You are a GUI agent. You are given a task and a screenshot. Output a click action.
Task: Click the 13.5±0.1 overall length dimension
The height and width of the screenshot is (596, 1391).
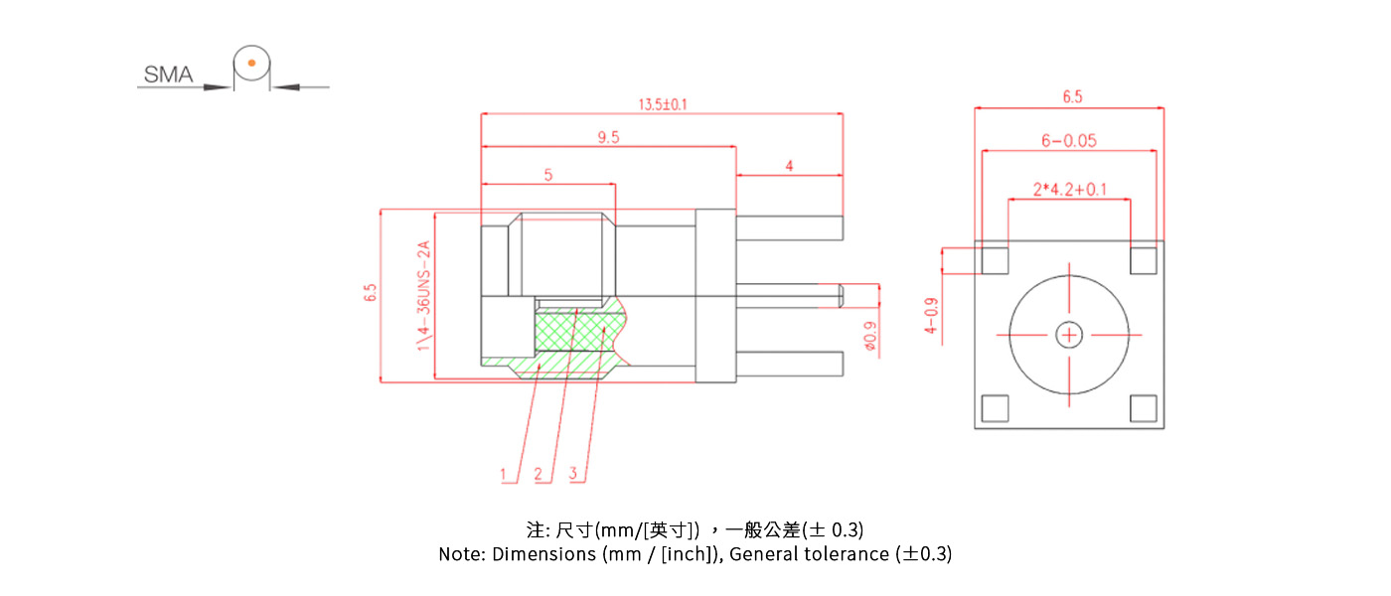pyautogui.click(x=662, y=104)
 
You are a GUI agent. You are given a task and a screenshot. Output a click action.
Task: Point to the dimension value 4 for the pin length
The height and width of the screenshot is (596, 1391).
pyautogui.click(x=789, y=167)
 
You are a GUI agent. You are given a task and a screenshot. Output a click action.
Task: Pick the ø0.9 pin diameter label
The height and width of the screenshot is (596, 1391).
pyautogui.click(x=870, y=337)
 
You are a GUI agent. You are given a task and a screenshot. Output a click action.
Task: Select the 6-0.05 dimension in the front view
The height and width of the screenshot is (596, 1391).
pyautogui.click(x=1068, y=141)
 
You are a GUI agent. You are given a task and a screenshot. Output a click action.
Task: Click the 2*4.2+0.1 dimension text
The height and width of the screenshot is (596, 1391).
pyautogui.click(x=1068, y=189)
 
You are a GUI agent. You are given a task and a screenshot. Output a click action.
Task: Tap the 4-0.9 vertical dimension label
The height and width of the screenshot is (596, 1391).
pyautogui.click(x=931, y=316)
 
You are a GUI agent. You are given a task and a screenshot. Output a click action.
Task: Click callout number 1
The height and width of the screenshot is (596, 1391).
pyautogui.click(x=504, y=474)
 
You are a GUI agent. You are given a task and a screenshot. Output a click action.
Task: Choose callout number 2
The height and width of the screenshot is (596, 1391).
pyautogui.click(x=539, y=474)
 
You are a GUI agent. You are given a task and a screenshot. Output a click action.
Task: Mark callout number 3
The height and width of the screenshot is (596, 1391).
pyautogui.click(x=573, y=474)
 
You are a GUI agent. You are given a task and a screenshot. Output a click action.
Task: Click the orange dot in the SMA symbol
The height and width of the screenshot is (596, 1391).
pyautogui.click(x=251, y=64)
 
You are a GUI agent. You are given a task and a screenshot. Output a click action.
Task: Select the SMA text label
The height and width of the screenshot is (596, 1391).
pyautogui.click(x=169, y=74)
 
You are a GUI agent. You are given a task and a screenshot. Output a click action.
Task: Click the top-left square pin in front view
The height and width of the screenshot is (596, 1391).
pyautogui.click(x=995, y=260)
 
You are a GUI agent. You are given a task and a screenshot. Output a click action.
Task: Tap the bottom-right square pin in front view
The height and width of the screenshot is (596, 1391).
pyautogui.click(x=1144, y=408)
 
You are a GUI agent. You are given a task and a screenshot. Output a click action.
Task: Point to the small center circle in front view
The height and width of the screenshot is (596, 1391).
pyautogui.click(x=1069, y=336)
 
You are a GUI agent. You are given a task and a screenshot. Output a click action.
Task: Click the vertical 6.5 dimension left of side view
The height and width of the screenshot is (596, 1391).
pyautogui.click(x=371, y=294)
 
